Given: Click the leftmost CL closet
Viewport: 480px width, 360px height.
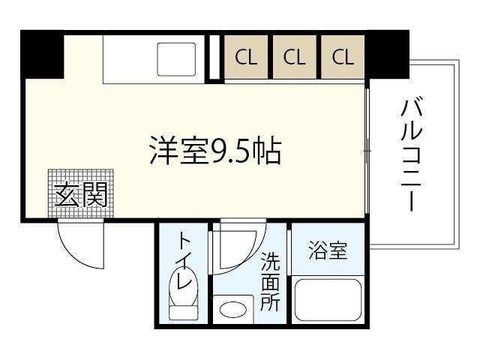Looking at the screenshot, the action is (246, 57).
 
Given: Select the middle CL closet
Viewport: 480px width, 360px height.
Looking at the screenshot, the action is (295, 57).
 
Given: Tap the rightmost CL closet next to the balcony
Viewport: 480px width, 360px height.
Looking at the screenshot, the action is (343, 57).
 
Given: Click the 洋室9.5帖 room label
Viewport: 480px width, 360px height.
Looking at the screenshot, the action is (215, 151).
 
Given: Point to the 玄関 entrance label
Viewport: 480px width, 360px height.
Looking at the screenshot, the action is (81, 195).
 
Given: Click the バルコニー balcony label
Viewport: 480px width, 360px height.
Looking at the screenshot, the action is (412, 154).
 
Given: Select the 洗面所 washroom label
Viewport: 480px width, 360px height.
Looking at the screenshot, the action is (270, 282).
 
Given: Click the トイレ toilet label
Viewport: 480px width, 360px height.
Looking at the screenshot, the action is (185, 261).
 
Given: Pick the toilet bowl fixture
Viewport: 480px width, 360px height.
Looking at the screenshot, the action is (184, 286).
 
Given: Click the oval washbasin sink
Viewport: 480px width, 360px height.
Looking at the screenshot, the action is (233, 310).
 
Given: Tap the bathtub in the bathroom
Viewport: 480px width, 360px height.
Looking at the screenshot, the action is (328, 300).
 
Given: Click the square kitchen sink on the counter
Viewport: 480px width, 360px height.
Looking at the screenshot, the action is (176, 59).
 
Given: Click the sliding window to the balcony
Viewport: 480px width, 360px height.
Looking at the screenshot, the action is (367, 151).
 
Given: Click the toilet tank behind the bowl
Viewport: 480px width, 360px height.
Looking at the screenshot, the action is (184, 313).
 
